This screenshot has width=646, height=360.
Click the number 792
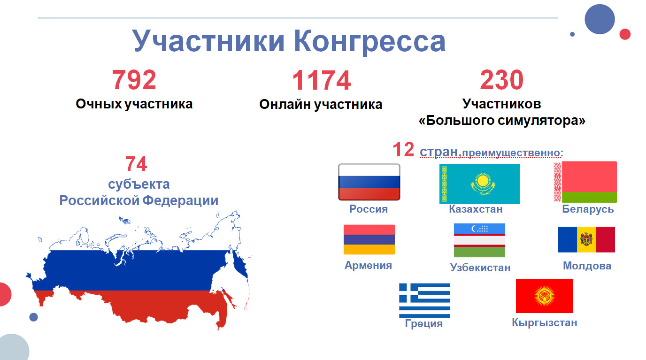click(134, 80)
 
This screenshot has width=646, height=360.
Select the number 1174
click(321, 80)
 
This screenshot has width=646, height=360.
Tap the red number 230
click(501, 79)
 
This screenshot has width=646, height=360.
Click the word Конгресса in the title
click(370, 41)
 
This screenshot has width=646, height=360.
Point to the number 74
click(136, 164)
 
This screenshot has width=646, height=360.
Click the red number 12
click(403, 149)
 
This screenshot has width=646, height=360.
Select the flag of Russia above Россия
click(369, 182)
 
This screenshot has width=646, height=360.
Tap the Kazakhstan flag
click(479, 184)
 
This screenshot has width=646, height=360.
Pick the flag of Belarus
click(585, 182)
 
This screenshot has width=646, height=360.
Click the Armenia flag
click(369, 239)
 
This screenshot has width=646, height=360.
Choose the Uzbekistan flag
click(479, 240)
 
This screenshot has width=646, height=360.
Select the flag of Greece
click(424, 300)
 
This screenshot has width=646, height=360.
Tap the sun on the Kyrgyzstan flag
click(545, 296)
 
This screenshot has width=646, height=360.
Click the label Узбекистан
click(480, 268)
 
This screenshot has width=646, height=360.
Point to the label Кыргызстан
click(545, 323)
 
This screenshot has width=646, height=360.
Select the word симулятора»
click(542, 121)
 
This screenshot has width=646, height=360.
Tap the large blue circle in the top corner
click(600, 19)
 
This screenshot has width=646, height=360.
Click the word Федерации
click(180, 200)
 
